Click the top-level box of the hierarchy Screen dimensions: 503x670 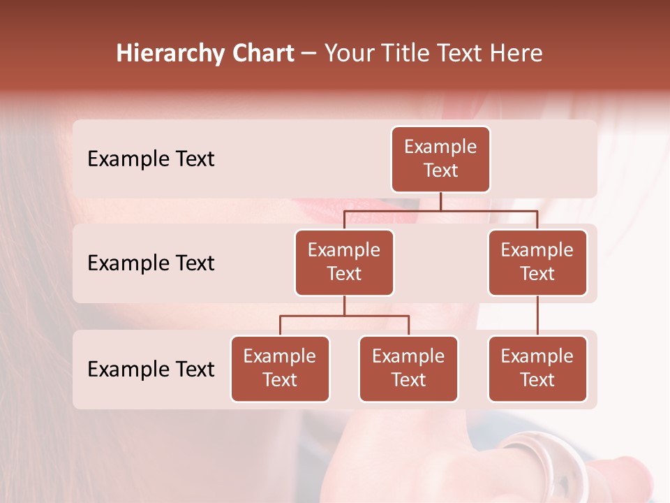tap(440, 159)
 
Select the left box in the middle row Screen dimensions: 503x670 tap(344, 262)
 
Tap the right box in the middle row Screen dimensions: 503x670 tap(537, 262)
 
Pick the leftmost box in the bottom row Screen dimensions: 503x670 tap(280, 368)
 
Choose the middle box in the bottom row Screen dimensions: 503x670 tap(408, 368)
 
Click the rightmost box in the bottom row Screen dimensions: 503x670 tap(537, 368)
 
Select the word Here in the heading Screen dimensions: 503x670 tap(516, 54)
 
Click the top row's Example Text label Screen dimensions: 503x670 tap(151, 159)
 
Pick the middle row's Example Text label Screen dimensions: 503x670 tap(151, 263)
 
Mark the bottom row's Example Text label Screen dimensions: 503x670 tap(151, 370)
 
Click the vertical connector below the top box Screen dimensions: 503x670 tap(440, 201)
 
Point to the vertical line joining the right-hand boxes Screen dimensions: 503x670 tap(537, 316)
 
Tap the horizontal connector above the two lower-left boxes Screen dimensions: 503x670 tap(344, 316)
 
